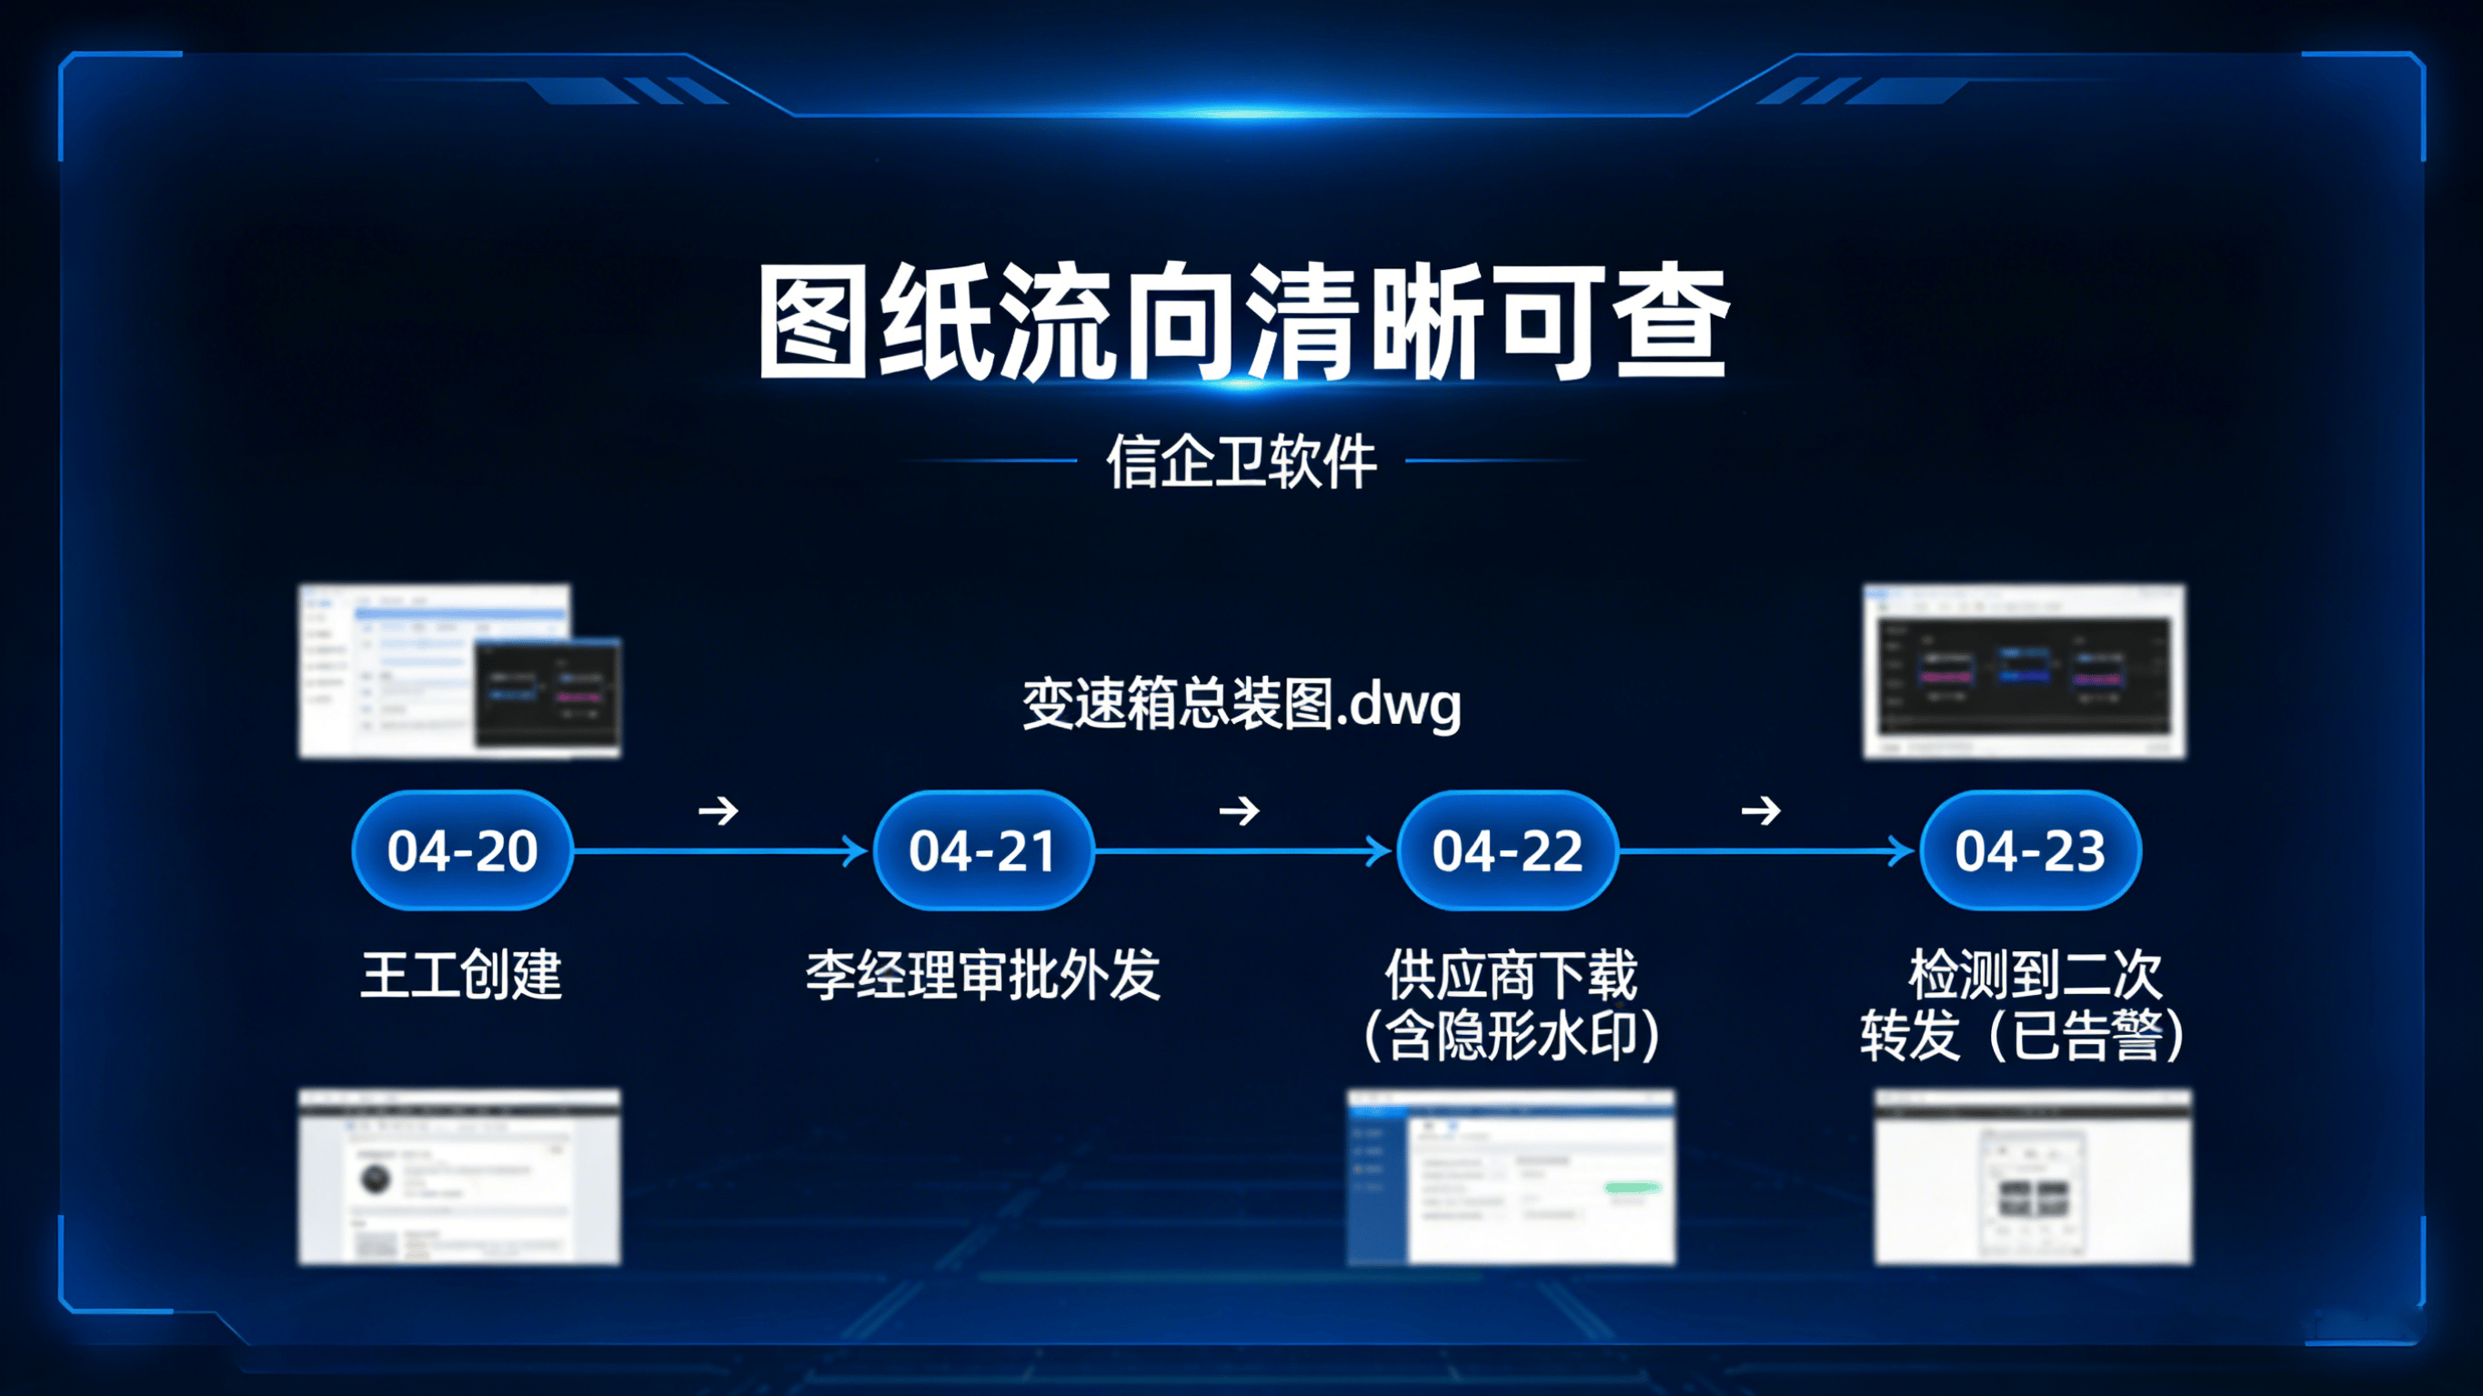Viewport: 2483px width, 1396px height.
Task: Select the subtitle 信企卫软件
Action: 1241,462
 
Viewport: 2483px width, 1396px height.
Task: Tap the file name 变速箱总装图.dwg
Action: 1241,704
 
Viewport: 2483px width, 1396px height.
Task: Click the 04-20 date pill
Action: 463,850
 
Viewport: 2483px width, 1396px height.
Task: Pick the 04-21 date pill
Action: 983,850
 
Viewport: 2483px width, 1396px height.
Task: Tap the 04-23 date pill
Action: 2030,850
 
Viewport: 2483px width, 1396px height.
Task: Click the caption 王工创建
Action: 461,974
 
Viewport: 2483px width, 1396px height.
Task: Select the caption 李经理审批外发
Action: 983,974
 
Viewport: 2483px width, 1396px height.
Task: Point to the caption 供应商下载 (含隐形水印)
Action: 1512,1005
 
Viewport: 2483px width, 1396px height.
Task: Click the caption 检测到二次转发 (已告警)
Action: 2022,1005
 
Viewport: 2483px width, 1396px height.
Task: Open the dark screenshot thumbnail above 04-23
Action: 2025,671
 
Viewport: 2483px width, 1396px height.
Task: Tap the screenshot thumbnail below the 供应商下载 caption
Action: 1511,1176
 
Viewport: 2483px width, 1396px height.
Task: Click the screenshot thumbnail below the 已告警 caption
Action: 2032,1176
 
